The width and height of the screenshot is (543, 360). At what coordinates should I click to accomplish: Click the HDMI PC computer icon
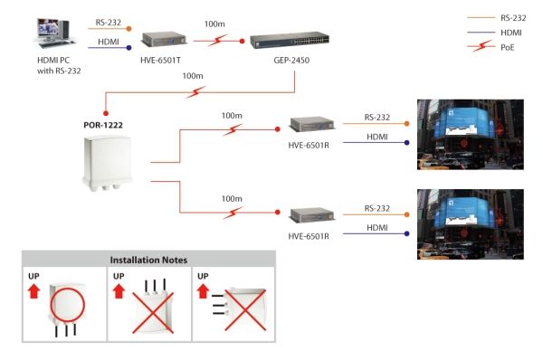tap(55, 33)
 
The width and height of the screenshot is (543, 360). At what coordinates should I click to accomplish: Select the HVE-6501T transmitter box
tap(164, 40)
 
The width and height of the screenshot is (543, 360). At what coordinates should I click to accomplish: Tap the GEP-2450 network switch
tap(290, 40)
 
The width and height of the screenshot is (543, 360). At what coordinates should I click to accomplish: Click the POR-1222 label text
tap(103, 125)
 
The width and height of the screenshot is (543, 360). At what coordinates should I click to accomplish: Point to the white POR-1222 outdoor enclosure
tap(108, 163)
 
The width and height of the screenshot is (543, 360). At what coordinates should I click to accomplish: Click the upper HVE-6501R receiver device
tap(311, 125)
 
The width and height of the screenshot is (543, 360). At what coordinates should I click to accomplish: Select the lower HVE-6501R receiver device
tap(311, 215)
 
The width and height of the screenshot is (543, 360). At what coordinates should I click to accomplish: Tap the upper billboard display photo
tap(471, 135)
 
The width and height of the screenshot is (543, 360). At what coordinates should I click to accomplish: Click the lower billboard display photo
tap(471, 224)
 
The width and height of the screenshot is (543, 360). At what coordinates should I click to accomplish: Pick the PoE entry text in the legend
tap(508, 47)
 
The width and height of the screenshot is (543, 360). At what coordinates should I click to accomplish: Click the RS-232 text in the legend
tap(513, 18)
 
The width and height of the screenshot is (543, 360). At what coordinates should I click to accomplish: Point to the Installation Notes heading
tap(148, 260)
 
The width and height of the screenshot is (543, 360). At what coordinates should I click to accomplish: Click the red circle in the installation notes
tap(68, 305)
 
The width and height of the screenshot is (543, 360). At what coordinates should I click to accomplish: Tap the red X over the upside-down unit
tap(153, 313)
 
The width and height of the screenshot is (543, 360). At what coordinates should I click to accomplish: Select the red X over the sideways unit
tap(245, 310)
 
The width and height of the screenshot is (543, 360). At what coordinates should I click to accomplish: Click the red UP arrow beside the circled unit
tap(34, 291)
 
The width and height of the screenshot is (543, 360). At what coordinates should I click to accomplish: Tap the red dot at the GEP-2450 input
tap(242, 42)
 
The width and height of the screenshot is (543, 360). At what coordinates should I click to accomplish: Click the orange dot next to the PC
tap(129, 29)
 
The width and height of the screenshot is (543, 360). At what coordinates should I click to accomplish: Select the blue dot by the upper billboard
tap(407, 143)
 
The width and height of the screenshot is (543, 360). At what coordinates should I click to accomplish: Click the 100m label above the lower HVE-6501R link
tap(232, 199)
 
